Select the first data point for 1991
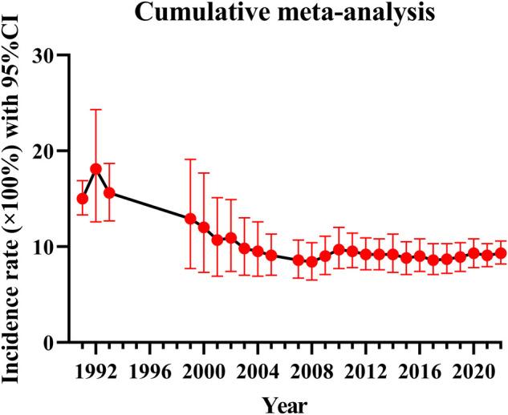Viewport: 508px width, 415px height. (x=82, y=198)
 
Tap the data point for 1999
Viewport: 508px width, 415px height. (x=190, y=218)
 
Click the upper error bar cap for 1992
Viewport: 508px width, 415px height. (x=96, y=109)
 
